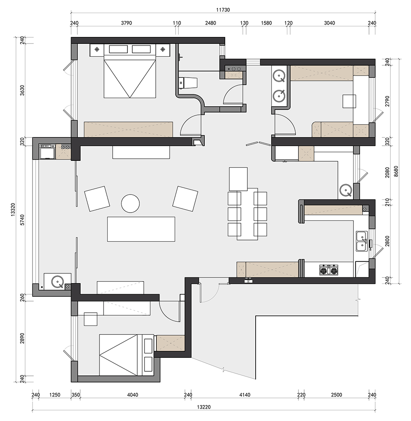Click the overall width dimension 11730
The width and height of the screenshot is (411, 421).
pyautogui.click(x=223, y=10)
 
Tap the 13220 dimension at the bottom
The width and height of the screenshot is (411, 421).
pyautogui.click(x=203, y=407)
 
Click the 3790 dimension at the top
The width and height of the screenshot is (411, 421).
pyautogui.click(x=127, y=23)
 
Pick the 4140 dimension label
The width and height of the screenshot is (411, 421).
pyautogui.click(x=245, y=395)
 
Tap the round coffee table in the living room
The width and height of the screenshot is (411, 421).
pyautogui.click(x=130, y=204)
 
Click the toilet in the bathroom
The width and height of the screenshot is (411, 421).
pyautogui.click(x=188, y=83)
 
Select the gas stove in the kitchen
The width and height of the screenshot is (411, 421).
pyautogui.click(x=329, y=270)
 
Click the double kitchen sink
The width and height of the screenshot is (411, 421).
pyautogui.click(x=362, y=241)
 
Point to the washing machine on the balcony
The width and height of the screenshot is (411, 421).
pyautogui.click(x=47, y=152)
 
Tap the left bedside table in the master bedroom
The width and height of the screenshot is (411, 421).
pyautogui.click(x=97, y=50)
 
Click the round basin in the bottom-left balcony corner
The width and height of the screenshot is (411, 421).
pyautogui.click(x=58, y=281)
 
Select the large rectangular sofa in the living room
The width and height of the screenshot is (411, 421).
pyautogui.click(x=141, y=229)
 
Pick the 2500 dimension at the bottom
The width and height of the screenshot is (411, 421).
pyautogui.click(x=337, y=395)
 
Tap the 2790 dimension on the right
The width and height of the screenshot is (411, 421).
pyautogui.click(x=387, y=101)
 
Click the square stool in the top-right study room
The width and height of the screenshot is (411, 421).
pyautogui.click(x=349, y=101)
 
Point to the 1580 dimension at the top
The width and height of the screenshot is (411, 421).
pyautogui.click(x=266, y=23)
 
